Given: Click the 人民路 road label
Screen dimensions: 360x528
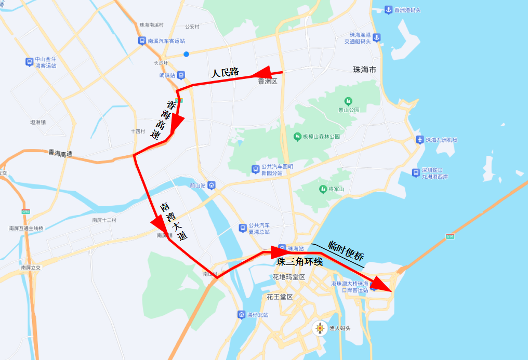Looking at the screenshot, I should (225, 72).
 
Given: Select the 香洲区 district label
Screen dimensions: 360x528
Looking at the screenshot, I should (268, 82).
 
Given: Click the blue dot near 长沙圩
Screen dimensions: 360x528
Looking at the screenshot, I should (186, 54).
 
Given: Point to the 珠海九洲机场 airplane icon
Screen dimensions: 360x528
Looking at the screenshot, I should (419, 140).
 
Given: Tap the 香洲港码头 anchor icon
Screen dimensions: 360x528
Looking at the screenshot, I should (388, 10).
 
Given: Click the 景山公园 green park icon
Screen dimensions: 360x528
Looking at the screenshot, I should (348, 101).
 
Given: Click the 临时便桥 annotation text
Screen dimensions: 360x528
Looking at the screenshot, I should (346, 251).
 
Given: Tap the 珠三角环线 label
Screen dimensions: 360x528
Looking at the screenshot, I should (299, 262).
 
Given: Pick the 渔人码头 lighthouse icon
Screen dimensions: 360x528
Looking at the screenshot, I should (320, 328).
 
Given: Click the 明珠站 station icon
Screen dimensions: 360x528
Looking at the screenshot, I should (180, 75).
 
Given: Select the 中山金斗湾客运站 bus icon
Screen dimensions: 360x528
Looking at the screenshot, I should (29, 62).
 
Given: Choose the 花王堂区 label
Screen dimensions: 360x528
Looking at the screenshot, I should (280, 297).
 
